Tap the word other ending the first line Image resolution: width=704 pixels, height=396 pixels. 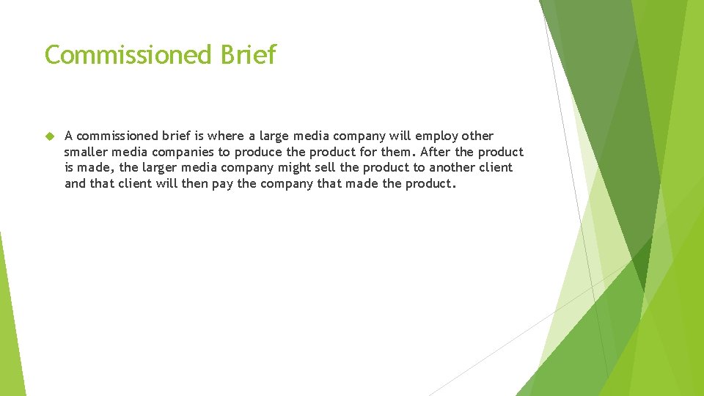point(478,136)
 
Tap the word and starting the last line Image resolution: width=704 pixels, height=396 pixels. point(75,183)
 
